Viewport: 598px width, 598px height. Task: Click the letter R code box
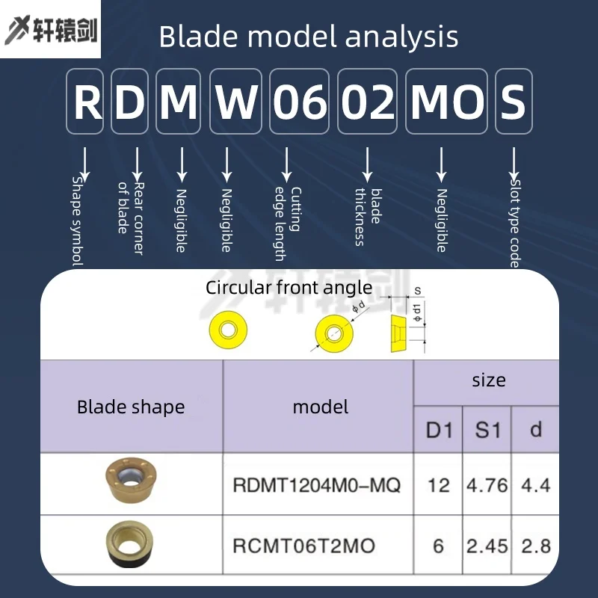pyautogui.click(x=85, y=102)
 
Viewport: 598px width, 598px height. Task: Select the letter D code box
pyautogui.click(x=130, y=102)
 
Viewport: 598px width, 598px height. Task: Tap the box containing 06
pyautogui.click(x=300, y=102)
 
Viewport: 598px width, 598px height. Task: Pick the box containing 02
pyautogui.click(x=368, y=102)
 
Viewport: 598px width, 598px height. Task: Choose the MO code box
pyautogui.click(x=447, y=102)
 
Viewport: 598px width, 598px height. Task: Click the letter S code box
pyautogui.click(x=514, y=102)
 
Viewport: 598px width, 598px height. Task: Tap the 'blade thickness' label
pyautogui.click(x=367, y=217)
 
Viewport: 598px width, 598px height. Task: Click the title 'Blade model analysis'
pyautogui.click(x=309, y=36)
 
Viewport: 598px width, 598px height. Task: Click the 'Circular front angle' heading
pyautogui.click(x=289, y=287)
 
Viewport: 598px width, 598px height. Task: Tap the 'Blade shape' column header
pyautogui.click(x=131, y=407)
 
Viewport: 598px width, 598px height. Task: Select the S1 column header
pyautogui.click(x=487, y=430)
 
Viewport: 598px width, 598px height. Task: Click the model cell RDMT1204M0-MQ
pyautogui.click(x=317, y=484)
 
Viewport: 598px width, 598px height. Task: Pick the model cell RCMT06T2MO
pyautogui.click(x=303, y=545)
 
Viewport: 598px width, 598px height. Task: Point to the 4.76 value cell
pyautogui.click(x=487, y=484)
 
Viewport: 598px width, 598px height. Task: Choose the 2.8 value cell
pyautogui.click(x=535, y=545)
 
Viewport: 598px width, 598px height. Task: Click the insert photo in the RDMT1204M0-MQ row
pyautogui.click(x=131, y=482)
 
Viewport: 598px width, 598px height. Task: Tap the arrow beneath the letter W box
pyautogui.click(x=226, y=164)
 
